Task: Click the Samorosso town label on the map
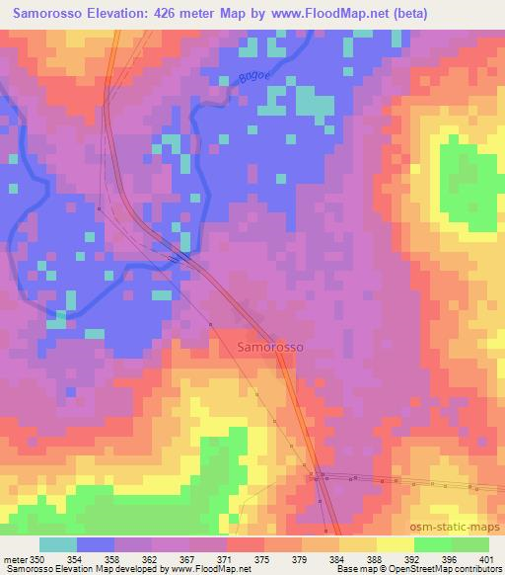tap(271, 348)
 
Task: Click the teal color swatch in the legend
tap(58, 544)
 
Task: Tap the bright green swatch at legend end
tap(470, 544)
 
